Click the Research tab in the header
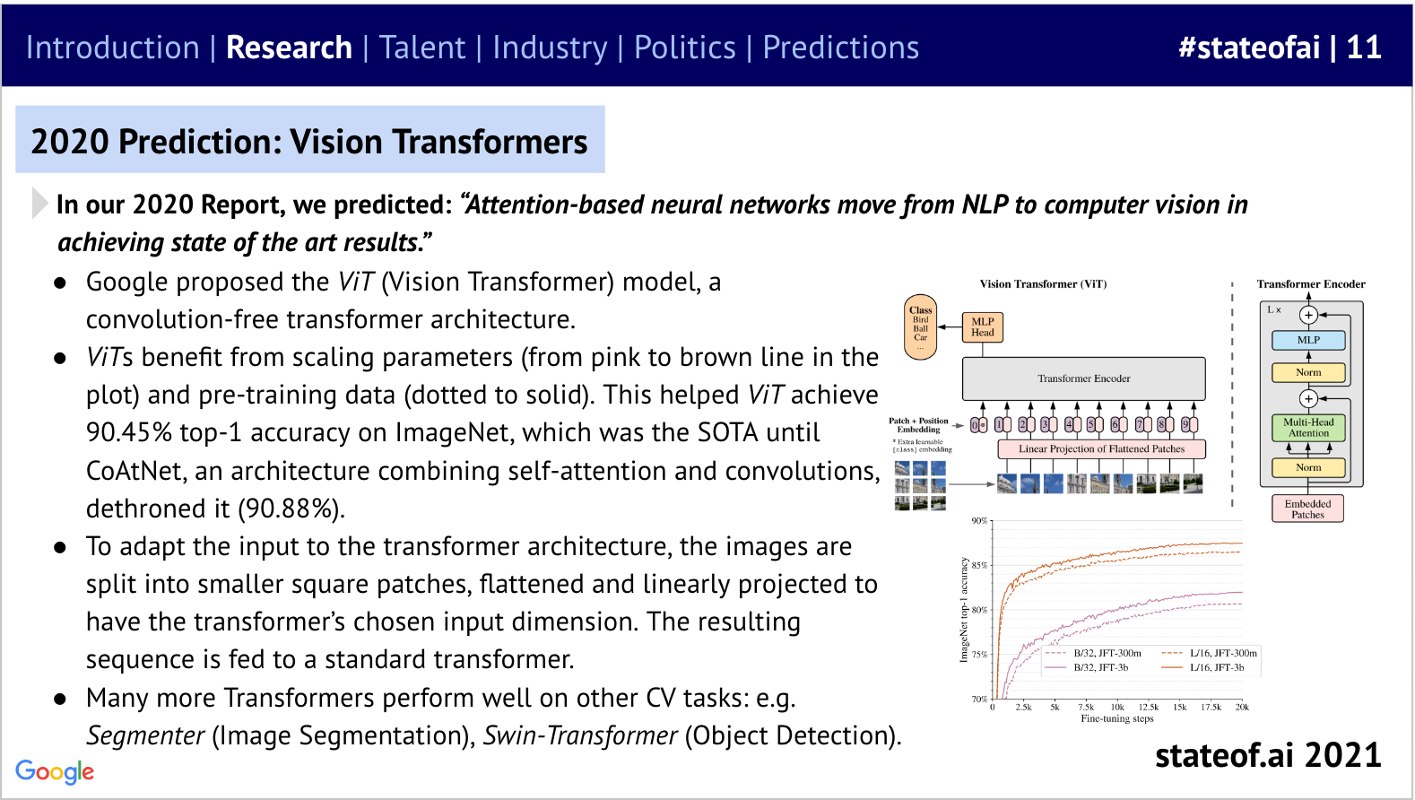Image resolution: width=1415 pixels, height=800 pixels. pyautogui.click(x=289, y=48)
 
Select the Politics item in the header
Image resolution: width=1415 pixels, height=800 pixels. pyautogui.click(x=684, y=48)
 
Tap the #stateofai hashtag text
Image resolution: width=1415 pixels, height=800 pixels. pyautogui.click(x=1248, y=48)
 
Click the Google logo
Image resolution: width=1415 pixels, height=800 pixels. pyautogui.click(x=55, y=771)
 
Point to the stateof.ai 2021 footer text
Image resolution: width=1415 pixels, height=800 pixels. pyautogui.click(x=1267, y=755)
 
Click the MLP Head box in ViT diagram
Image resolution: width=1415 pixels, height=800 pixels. pyautogui.click(x=983, y=327)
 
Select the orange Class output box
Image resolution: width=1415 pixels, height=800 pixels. pyautogui.click(x=921, y=327)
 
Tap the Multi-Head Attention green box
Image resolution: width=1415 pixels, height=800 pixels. pyautogui.click(x=1308, y=428)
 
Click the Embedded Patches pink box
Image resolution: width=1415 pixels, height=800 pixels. pyautogui.click(x=1307, y=509)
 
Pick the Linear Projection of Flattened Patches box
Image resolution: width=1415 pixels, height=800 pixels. pyautogui.click(x=1101, y=448)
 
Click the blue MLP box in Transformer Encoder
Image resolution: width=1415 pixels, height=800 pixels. pyautogui.click(x=1308, y=340)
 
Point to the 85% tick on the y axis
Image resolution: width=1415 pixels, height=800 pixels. pyautogui.click(x=979, y=565)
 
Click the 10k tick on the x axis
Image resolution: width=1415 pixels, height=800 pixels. pyautogui.click(x=1117, y=707)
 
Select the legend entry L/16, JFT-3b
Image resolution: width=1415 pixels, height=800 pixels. pyautogui.click(x=1217, y=667)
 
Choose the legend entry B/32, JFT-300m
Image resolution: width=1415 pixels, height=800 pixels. pyautogui.click(x=1107, y=653)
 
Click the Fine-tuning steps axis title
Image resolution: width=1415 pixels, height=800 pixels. pyautogui.click(x=1117, y=718)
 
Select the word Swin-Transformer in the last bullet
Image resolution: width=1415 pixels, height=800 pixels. pyautogui.click(x=580, y=735)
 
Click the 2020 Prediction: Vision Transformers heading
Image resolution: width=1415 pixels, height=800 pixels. pyautogui.click(x=309, y=141)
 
